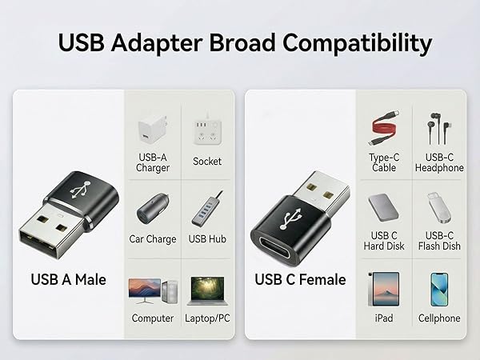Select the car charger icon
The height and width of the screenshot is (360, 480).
pyautogui.click(x=152, y=210)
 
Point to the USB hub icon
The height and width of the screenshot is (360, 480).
pyautogui.click(x=207, y=211)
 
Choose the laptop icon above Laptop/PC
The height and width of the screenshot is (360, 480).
pyautogui.click(x=207, y=289)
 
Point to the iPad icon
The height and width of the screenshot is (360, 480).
pyautogui.click(x=384, y=289)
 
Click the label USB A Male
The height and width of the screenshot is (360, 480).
pyautogui.click(x=68, y=280)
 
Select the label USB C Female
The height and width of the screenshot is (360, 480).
pyautogui.click(x=300, y=280)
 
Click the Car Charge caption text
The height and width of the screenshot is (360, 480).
pyautogui.click(x=152, y=239)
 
